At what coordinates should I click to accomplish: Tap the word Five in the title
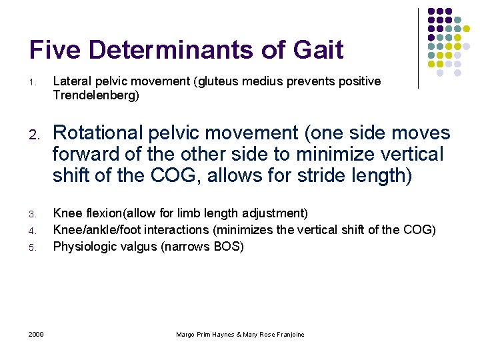[x=55, y=50]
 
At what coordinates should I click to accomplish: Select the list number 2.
[x=33, y=134]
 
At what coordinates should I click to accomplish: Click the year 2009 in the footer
[x=36, y=334]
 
